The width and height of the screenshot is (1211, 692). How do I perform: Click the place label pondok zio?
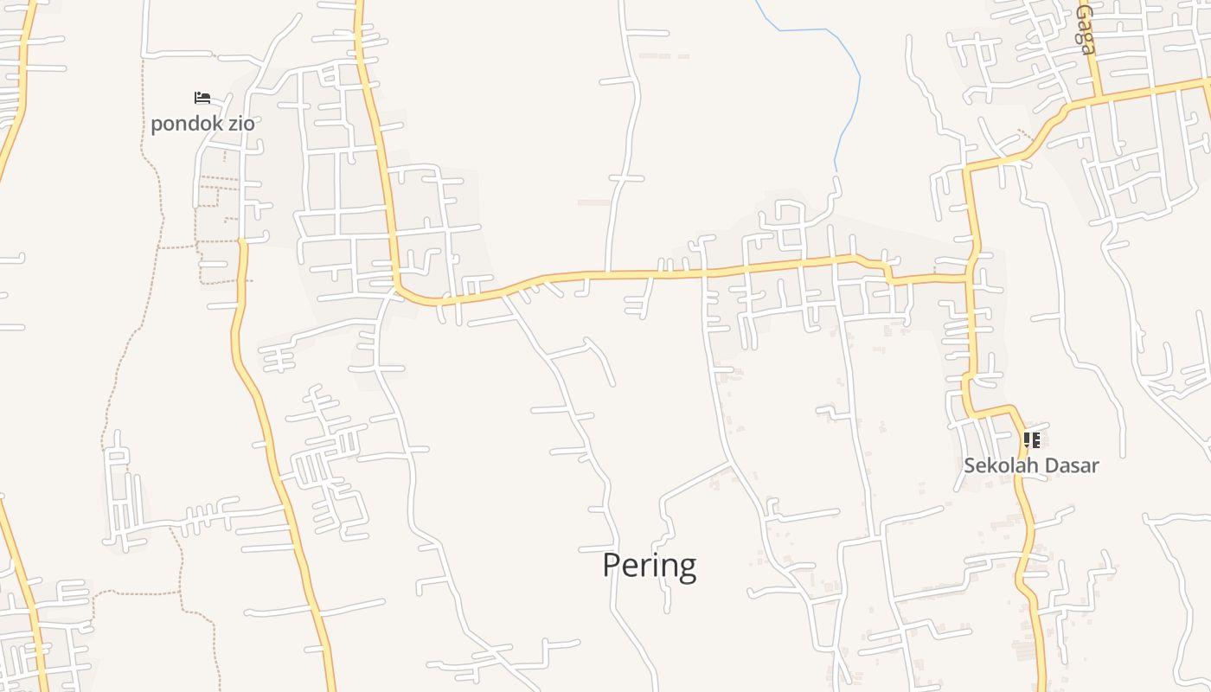(x=202, y=124)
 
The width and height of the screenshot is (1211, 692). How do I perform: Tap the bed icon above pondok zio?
(x=202, y=98)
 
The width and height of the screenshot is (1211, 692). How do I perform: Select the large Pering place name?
(x=649, y=566)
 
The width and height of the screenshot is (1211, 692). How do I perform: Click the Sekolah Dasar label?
(x=1031, y=465)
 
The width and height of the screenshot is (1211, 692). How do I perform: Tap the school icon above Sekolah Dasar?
(x=1031, y=440)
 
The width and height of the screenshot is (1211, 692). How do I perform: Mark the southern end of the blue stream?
(x=836, y=169)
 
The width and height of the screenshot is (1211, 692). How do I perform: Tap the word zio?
(x=241, y=124)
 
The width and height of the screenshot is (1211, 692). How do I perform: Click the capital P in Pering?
(x=611, y=566)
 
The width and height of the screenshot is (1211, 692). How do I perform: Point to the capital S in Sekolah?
(x=970, y=465)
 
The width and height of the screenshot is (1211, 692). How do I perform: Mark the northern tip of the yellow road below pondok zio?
(x=242, y=243)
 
